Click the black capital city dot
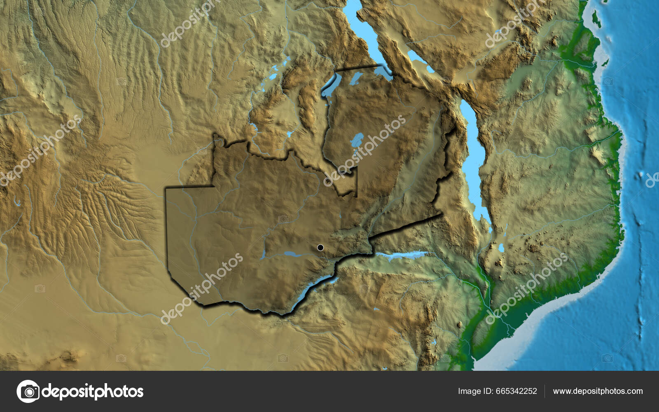coord(320,248)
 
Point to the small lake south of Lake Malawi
coord(501,248)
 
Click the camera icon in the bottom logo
coord(28,391)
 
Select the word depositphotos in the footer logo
coord(93,391)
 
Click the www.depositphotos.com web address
coord(597,391)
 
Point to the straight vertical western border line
coord(166,231)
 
